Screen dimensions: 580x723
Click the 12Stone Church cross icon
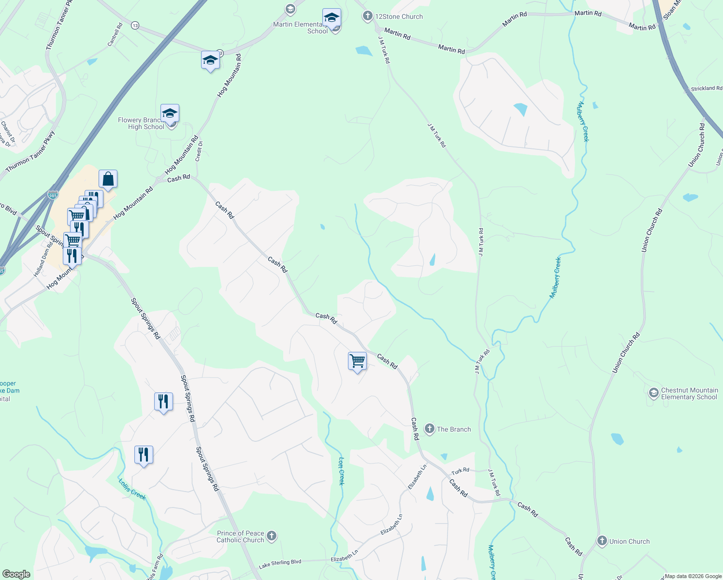(x=367, y=16)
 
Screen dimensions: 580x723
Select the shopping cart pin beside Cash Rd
(x=357, y=361)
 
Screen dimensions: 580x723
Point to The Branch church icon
(x=429, y=429)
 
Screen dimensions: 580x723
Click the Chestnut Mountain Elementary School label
(x=689, y=393)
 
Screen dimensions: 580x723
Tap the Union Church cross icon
(x=602, y=541)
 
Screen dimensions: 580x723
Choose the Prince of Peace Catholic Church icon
(x=272, y=536)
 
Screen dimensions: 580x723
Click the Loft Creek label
(x=341, y=471)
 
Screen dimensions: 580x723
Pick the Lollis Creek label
(x=132, y=489)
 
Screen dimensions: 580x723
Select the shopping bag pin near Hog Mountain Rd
(x=108, y=179)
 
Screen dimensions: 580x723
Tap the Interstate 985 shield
(x=53, y=195)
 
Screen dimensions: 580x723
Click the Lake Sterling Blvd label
(x=280, y=563)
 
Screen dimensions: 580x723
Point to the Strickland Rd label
(x=706, y=88)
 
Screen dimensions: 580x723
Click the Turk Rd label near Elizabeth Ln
(x=460, y=471)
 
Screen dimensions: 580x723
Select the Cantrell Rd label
(x=115, y=35)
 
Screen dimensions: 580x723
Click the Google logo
(x=16, y=574)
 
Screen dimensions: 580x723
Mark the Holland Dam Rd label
(x=43, y=260)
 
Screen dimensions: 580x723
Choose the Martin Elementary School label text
(x=298, y=28)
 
